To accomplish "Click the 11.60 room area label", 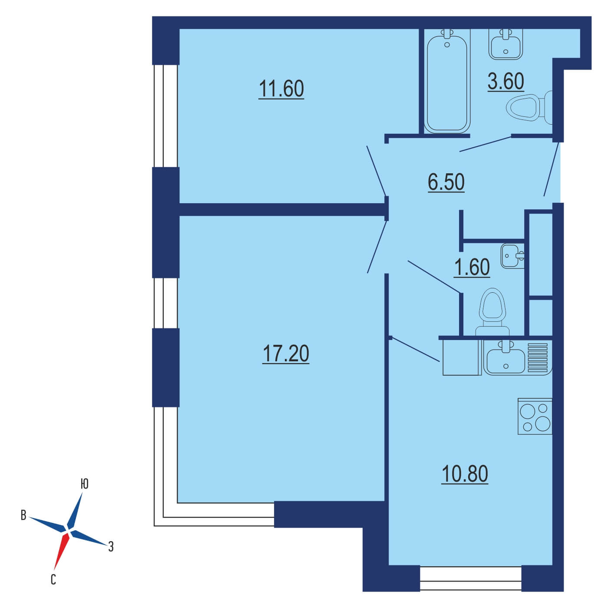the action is tap(281, 89).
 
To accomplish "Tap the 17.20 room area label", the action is tap(285, 354).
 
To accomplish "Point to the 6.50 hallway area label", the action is tap(446, 182).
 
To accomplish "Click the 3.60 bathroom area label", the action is tap(506, 81).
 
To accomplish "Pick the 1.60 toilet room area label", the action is tap(472, 267).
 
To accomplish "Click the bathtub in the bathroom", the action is tap(447, 81).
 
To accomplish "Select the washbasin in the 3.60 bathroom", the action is tap(506, 44).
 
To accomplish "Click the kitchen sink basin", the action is tap(506, 358).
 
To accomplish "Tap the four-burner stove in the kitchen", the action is tap(535, 416).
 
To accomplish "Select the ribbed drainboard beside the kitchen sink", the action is tap(538, 357).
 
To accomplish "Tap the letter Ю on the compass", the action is tap(84, 484).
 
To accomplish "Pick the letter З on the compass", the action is tap(111, 546).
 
